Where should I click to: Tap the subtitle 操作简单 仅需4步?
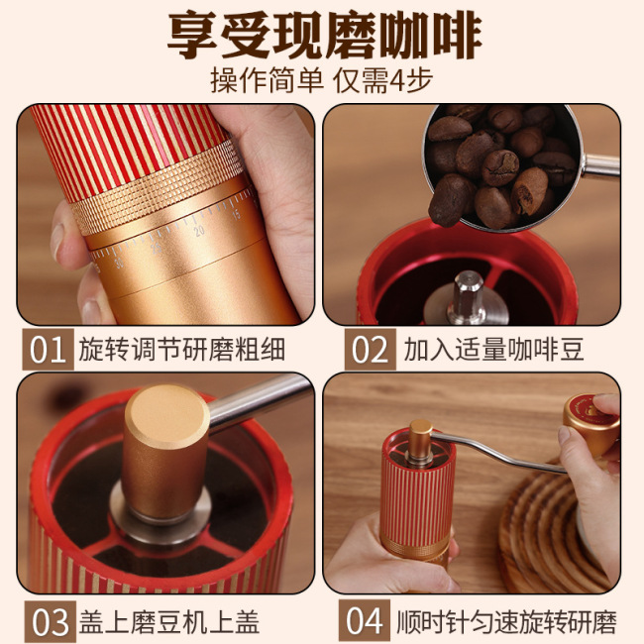(x=322, y=80)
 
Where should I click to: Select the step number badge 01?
(x=49, y=350)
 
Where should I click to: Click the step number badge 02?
(x=370, y=350)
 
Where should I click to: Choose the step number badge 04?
(x=367, y=621)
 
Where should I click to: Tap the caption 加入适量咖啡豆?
(x=493, y=351)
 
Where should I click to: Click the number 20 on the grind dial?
(x=201, y=230)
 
